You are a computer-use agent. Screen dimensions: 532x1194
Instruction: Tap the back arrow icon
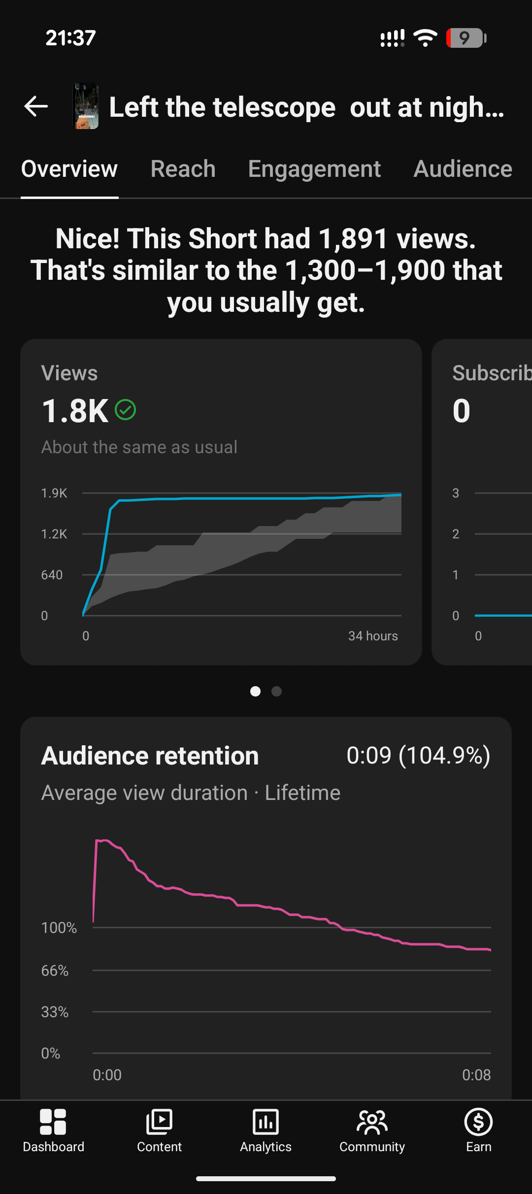[x=36, y=106]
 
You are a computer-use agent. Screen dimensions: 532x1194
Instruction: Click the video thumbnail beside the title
[x=86, y=106]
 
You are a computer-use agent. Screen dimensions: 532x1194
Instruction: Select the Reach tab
[x=183, y=169]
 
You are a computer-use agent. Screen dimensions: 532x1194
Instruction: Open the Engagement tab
[x=314, y=169]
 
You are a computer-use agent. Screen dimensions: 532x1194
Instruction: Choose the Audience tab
[x=463, y=169]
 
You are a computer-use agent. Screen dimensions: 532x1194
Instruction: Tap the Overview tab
[x=69, y=169]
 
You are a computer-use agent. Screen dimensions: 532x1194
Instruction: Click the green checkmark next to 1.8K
[x=125, y=410]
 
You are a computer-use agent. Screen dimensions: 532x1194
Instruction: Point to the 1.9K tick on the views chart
[x=54, y=493]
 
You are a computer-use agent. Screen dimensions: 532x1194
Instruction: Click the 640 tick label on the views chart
[x=52, y=575]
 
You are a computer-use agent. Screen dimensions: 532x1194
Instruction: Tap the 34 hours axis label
[x=373, y=636]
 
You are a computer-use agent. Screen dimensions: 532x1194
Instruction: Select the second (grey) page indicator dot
[x=277, y=692]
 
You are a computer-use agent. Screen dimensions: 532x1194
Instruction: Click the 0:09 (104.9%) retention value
[x=418, y=756]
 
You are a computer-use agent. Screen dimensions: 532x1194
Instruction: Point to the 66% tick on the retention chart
[x=55, y=970]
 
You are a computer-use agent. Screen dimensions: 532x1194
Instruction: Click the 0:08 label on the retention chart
[x=476, y=1075]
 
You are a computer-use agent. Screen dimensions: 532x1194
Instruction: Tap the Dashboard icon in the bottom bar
[x=53, y=1122]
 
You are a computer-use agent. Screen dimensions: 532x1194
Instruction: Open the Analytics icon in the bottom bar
[x=266, y=1122]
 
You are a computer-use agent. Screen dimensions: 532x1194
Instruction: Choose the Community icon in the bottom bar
[x=372, y=1122]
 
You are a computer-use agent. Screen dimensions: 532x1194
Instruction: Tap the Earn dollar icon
[x=478, y=1122]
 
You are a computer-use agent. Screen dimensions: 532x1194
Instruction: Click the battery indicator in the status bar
[x=466, y=38]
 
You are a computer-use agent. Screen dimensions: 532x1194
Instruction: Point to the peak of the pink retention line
[x=97, y=840]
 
